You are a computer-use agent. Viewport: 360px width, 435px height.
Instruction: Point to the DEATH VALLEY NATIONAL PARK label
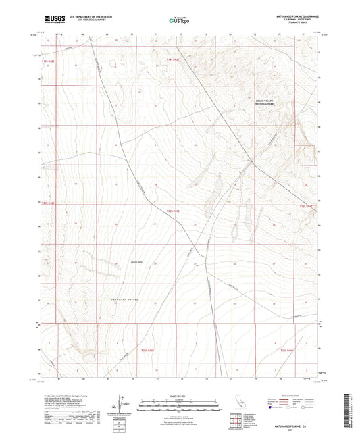266,103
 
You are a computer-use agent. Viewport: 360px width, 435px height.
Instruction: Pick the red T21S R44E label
288,351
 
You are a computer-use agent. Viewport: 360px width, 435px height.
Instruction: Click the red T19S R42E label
51,61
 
